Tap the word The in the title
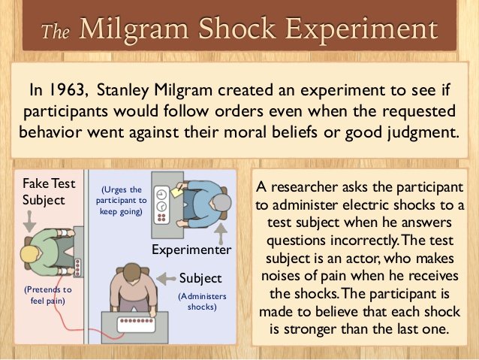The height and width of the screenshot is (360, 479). pyautogui.click(x=56, y=32)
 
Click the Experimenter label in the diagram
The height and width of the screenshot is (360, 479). pyautogui.click(x=191, y=250)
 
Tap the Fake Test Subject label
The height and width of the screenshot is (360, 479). pyautogui.click(x=49, y=192)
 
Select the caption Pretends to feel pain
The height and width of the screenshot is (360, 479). pyautogui.click(x=48, y=295)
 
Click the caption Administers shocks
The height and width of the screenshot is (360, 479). pyautogui.click(x=202, y=301)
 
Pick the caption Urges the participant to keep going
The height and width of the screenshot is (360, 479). pyautogui.click(x=122, y=201)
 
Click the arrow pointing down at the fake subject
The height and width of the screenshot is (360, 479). pyautogui.click(x=29, y=221)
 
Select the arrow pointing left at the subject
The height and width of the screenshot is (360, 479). pyautogui.click(x=166, y=278)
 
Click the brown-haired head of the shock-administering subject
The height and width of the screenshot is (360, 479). pyautogui.click(x=133, y=272)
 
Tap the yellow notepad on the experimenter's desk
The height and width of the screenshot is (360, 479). pyautogui.click(x=176, y=192)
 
